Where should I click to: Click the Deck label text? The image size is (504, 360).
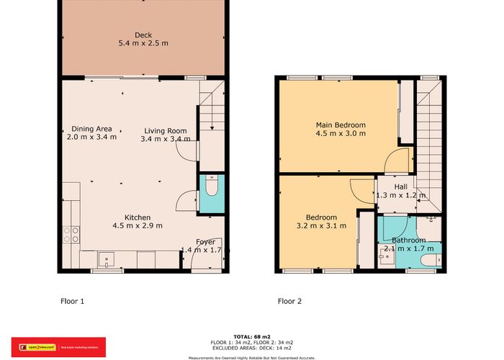[x=143, y=35]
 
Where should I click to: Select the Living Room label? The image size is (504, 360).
[x=165, y=130]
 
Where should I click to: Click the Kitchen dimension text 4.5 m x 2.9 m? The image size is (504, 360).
[x=137, y=225]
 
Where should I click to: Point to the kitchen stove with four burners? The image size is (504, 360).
[x=71, y=234]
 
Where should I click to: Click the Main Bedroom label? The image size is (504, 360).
[x=341, y=125]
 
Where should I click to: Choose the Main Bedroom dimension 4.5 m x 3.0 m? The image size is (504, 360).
[x=341, y=133]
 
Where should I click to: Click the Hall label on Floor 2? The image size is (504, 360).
[x=400, y=186]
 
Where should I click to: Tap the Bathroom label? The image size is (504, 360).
[x=408, y=240]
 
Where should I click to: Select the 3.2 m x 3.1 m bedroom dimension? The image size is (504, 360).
[x=320, y=225]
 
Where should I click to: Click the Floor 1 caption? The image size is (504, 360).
[x=72, y=301]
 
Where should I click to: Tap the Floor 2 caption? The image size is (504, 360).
[x=289, y=301]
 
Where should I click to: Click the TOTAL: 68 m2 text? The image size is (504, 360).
[x=251, y=336]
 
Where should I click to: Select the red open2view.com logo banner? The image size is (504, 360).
[x=58, y=346]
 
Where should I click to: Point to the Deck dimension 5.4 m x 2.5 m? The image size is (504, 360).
[x=143, y=43]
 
